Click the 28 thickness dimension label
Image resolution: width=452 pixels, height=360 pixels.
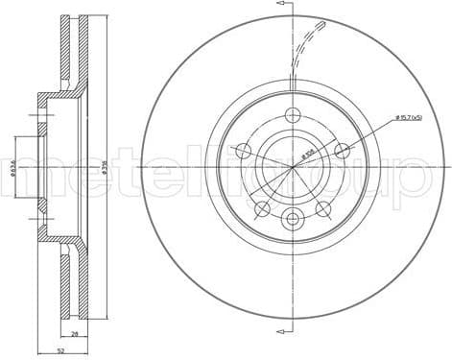(x=74, y=334)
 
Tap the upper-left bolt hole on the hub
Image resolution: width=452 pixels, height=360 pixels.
(x=243, y=151)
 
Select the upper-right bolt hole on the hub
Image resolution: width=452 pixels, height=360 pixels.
(x=340, y=150)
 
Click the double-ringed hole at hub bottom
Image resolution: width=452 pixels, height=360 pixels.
(x=291, y=218)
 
